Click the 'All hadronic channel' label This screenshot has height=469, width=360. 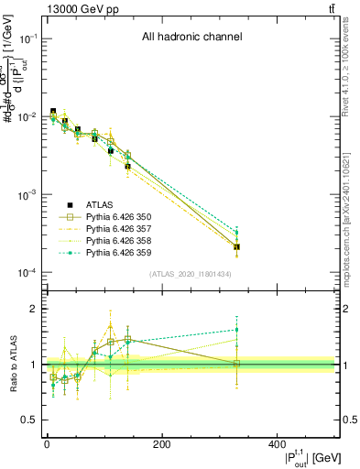191,38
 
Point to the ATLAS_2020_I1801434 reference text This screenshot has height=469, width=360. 191,275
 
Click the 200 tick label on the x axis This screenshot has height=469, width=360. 162,444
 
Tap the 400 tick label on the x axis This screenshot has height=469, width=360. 278,444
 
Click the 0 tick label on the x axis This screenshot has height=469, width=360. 47,444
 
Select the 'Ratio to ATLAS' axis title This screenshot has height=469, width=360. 10,365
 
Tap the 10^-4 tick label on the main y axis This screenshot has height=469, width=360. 27,273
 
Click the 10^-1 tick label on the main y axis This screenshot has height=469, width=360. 27,38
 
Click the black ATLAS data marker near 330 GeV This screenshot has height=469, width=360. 236,247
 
